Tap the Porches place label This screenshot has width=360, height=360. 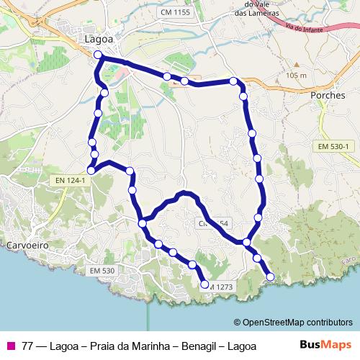(x=328, y=94)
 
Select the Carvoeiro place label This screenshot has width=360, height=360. (x=27, y=246)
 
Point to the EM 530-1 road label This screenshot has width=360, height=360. (x=333, y=147)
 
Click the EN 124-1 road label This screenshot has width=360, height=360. (x=70, y=180)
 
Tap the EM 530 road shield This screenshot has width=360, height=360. (x=102, y=270)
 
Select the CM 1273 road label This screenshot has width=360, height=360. (x=217, y=286)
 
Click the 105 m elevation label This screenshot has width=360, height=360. (x=295, y=76)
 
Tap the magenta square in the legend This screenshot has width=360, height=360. (x=10, y=346)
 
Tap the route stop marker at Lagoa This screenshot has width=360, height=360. (x=98, y=54)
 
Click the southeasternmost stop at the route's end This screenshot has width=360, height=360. (x=271, y=276)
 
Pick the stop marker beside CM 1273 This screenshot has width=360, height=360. (x=205, y=285)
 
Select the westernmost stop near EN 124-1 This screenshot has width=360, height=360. (x=91, y=171)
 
